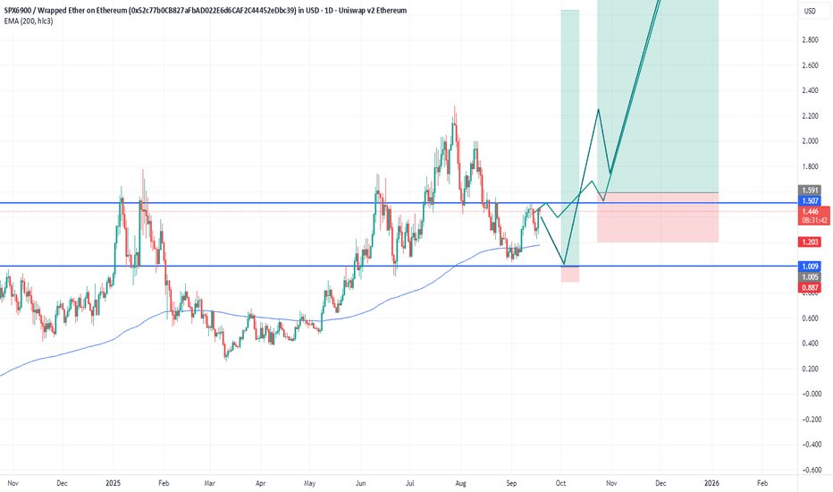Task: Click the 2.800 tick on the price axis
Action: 811,39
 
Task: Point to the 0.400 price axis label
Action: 811,343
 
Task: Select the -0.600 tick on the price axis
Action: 810,469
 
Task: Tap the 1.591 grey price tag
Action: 810,191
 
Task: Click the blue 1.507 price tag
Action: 810,203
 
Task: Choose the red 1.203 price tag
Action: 810,242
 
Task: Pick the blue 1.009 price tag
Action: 810,267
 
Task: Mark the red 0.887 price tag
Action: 810,287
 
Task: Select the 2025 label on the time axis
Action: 114,482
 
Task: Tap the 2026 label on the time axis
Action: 713,482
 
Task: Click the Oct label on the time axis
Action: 560,482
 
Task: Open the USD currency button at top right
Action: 810,11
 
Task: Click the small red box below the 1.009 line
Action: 570,274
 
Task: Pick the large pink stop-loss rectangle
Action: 658,217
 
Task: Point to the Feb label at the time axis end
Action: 761,482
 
